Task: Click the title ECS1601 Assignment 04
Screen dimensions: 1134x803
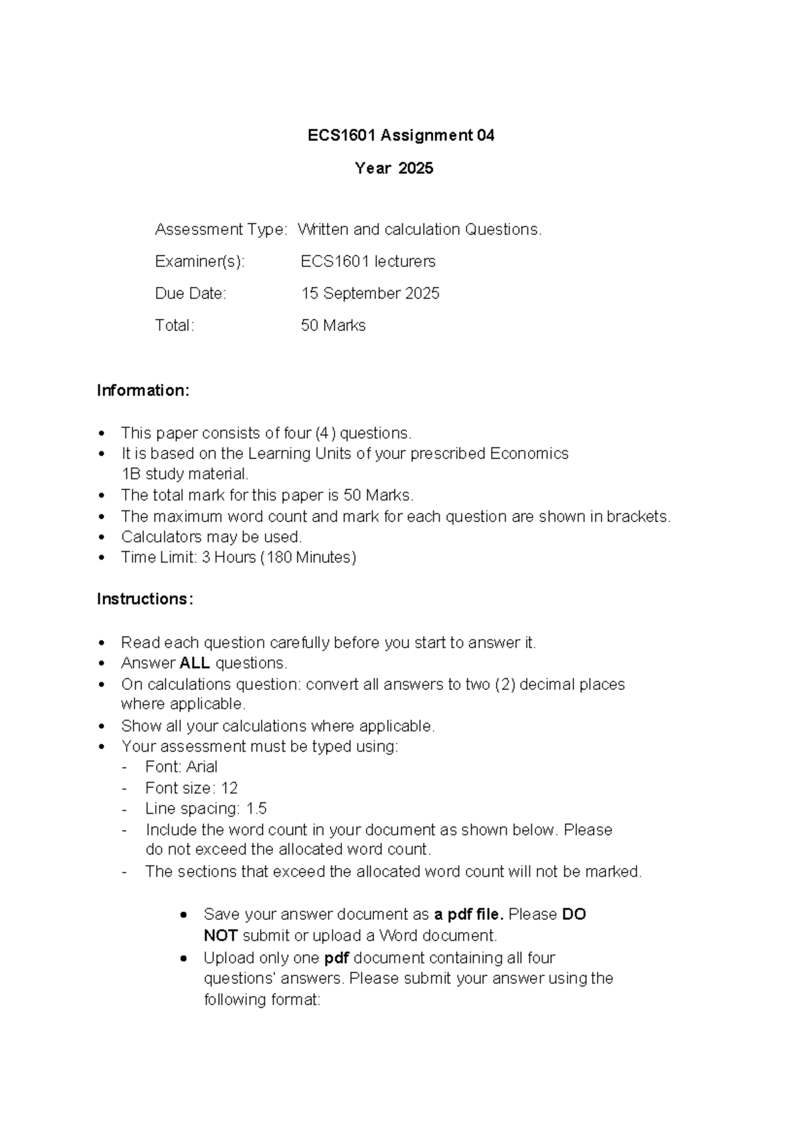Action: coord(400,136)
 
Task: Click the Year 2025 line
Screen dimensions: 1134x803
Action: coord(393,168)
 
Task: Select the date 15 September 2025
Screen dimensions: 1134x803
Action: coord(370,294)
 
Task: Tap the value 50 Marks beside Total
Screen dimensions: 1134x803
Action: coord(333,326)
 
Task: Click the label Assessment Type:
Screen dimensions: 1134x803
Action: coord(221,230)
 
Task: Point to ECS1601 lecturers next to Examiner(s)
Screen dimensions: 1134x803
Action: coord(368,261)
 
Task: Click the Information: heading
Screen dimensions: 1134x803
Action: coord(143,390)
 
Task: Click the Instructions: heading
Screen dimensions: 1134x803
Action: coord(145,599)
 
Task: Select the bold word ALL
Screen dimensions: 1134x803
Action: coord(195,663)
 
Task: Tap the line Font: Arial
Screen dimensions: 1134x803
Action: coord(181,767)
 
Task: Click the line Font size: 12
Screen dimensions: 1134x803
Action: coord(191,788)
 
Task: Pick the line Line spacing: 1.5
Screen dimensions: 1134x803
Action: coord(205,809)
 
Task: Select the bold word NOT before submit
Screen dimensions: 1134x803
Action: coord(220,935)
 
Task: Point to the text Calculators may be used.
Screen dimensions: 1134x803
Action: coord(211,537)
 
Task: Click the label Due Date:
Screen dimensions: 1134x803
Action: coord(191,294)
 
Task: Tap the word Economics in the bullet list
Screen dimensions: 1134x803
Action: coord(529,454)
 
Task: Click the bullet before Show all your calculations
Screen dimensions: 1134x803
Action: coord(102,726)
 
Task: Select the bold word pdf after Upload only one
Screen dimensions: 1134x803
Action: coord(337,958)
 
